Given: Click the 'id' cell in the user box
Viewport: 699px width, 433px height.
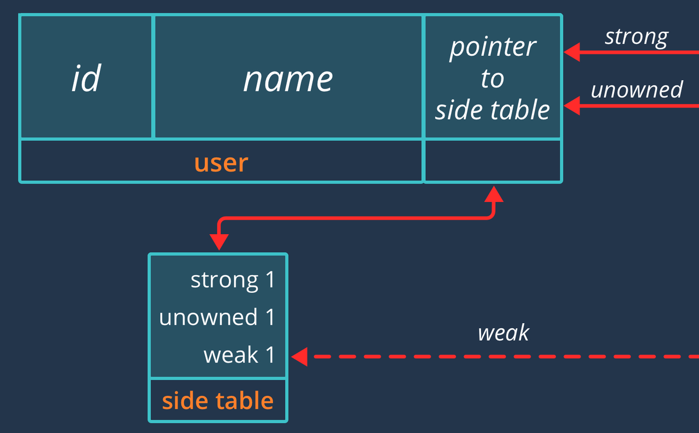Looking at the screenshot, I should [x=86, y=78].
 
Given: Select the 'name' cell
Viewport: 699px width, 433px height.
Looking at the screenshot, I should [x=288, y=78].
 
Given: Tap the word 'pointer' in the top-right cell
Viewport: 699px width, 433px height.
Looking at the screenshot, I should [x=493, y=47].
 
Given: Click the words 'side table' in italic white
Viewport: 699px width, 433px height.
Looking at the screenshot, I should [x=493, y=110].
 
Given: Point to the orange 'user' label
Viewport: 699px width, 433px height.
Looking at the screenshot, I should [x=221, y=162].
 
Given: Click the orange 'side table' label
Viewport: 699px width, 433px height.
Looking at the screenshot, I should [x=217, y=401].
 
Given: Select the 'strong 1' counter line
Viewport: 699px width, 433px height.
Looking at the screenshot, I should [x=233, y=280].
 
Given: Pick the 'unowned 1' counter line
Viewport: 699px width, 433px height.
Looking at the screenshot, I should [x=217, y=317].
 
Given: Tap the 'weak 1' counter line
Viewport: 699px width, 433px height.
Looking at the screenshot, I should [x=239, y=355].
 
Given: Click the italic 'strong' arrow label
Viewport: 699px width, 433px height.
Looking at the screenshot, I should [x=636, y=37].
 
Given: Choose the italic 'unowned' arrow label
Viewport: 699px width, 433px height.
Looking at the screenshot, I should [x=637, y=90].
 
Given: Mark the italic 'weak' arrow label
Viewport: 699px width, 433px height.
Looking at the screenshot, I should [x=503, y=333].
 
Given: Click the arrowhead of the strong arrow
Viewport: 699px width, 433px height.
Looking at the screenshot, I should [x=571, y=52].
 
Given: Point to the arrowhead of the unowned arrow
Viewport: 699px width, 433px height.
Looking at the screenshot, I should [x=571, y=105].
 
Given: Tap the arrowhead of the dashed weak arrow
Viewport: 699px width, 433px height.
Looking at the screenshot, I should [x=299, y=357].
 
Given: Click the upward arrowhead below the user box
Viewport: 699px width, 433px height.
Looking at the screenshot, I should [x=494, y=193].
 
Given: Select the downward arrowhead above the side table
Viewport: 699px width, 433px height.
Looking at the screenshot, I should [x=219, y=242].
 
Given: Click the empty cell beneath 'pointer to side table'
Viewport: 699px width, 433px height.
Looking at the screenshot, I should [x=493, y=161].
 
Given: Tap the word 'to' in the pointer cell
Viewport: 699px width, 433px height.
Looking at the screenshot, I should [x=492, y=79].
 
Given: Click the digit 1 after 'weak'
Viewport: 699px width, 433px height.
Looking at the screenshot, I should [x=270, y=355].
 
